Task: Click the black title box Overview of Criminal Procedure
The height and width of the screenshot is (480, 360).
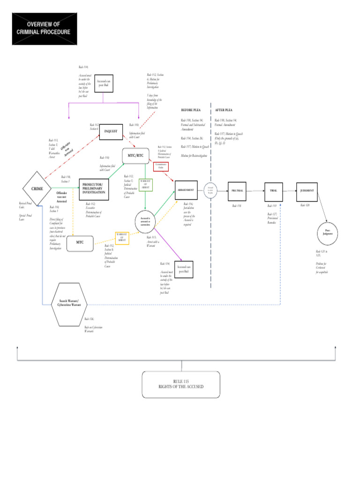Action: click(x=45, y=29)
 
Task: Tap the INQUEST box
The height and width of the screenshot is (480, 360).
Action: click(x=111, y=131)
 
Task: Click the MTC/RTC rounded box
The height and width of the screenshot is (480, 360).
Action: click(x=135, y=155)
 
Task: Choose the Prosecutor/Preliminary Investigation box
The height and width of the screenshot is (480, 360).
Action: click(x=97, y=189)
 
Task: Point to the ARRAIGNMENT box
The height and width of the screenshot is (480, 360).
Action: click(x=186, y=190)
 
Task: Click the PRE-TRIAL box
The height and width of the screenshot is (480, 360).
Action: click(x=236, y=191)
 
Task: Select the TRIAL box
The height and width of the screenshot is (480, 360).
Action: click(x=274, y=191)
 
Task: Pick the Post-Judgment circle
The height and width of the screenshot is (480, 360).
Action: click(x=328, y=232)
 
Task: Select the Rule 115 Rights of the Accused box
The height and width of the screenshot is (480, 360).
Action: click(x=181, y=384)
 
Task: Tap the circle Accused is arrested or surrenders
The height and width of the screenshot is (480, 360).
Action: click(x=145, y=221)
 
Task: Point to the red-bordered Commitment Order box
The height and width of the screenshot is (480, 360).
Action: click(x=161, y=166)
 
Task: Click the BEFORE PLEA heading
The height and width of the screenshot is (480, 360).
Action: click(x=191, y=110)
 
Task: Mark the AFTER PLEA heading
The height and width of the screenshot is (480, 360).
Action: click(x=224, y=110)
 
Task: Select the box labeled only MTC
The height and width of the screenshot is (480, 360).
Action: click(x=79, y=243)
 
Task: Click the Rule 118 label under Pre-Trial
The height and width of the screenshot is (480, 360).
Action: click(x=236, y=206)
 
